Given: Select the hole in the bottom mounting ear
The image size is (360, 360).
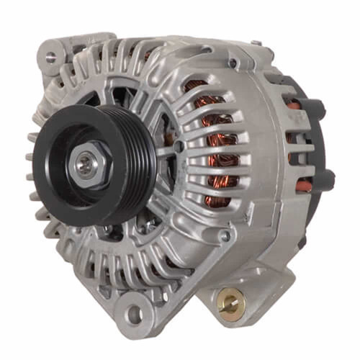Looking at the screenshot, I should click(x=132, y=315).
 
